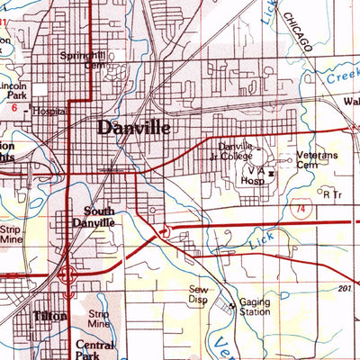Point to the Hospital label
49,112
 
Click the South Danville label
94,217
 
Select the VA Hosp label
255,173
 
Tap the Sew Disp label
198,294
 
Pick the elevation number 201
344,288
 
